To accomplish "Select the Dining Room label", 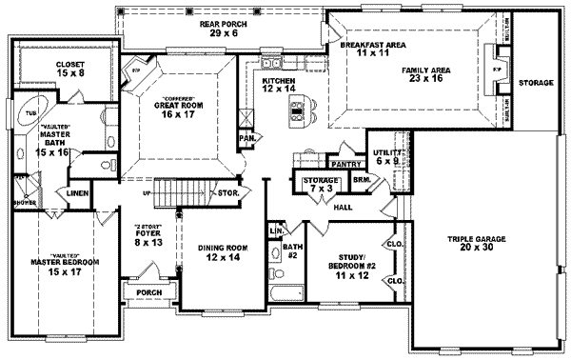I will pyautogui.click(x=224, y=252).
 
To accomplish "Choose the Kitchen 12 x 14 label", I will pyautogui.click(x=283, y=86).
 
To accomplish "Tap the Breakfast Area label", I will pyautogui.click(x=361, y=50).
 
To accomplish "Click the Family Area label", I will pyautogui.click(x=439, y=74).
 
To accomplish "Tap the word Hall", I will pyautogui.click(x=343, y=206).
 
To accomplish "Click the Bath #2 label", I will pyautogui.click(x=293, y=250).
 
